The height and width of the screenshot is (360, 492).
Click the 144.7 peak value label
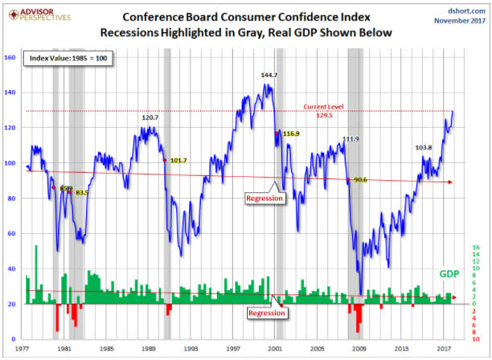pyautogui.click(x=269, y=75)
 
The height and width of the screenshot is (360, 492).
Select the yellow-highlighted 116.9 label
pyautogui.click(x=291, y=133)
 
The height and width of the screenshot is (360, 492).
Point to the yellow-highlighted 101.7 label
pyautogui.click(x=178, y=160)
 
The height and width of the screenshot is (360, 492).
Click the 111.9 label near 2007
pyautogui.click(x=351, y=139)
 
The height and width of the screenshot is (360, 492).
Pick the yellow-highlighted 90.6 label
pyautogui.click(x=359, y=180)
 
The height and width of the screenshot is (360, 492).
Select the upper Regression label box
pyautogui.click(x=264, y=198)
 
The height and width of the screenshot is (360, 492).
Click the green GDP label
pyautogui.click(x=449, y=275)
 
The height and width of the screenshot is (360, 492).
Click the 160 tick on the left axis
pyautogui.click(x=10, y=58)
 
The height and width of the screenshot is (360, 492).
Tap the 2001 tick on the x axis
pyautogui.click(x=275, y=349)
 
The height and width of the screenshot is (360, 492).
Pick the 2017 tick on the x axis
pyautogui.click(x=443, y=349)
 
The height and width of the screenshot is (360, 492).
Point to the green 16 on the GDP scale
pyautogui.click(x=478, y=247)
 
